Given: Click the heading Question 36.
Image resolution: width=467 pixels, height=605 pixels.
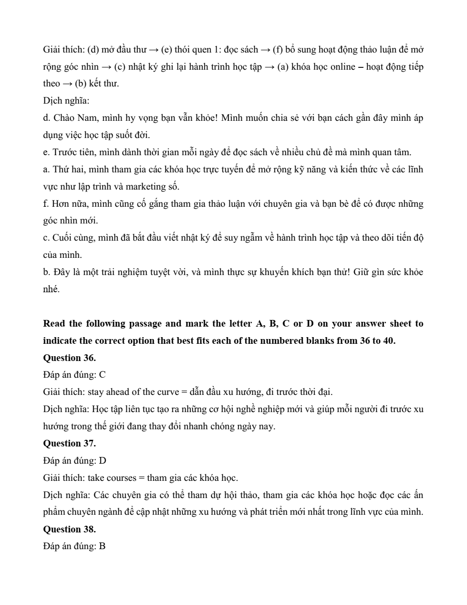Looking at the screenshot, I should pos(69,358).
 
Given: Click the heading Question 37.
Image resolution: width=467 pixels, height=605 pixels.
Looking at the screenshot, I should pos(69,443).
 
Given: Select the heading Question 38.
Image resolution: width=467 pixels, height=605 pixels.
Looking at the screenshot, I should pos(69,529).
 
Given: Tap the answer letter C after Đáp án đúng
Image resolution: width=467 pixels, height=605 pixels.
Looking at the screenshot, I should pos(102,375).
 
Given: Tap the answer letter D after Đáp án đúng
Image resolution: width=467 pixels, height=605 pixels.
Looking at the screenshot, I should pos(102,461).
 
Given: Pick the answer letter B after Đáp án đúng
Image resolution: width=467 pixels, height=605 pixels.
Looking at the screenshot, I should pos(102,546).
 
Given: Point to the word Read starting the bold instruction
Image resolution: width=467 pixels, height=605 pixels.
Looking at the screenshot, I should pos(54,324).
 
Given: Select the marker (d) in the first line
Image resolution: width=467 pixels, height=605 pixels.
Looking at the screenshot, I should pos(93,50).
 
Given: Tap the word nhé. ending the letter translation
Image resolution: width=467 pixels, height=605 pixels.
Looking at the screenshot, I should pos(52,289).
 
